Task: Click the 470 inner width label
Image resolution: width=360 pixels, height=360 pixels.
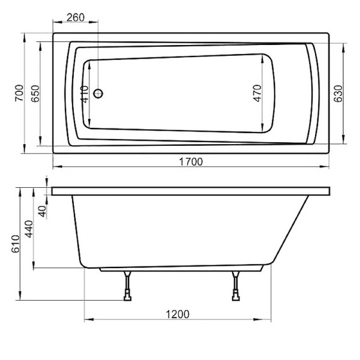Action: [257, 94]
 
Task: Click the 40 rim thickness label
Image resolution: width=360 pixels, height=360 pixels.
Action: [42, 211]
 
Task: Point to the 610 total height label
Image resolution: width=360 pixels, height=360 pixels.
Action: [16, 243]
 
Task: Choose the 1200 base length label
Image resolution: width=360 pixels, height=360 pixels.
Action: [178, 314]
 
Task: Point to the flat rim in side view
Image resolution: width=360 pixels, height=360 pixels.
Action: [191, 191]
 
